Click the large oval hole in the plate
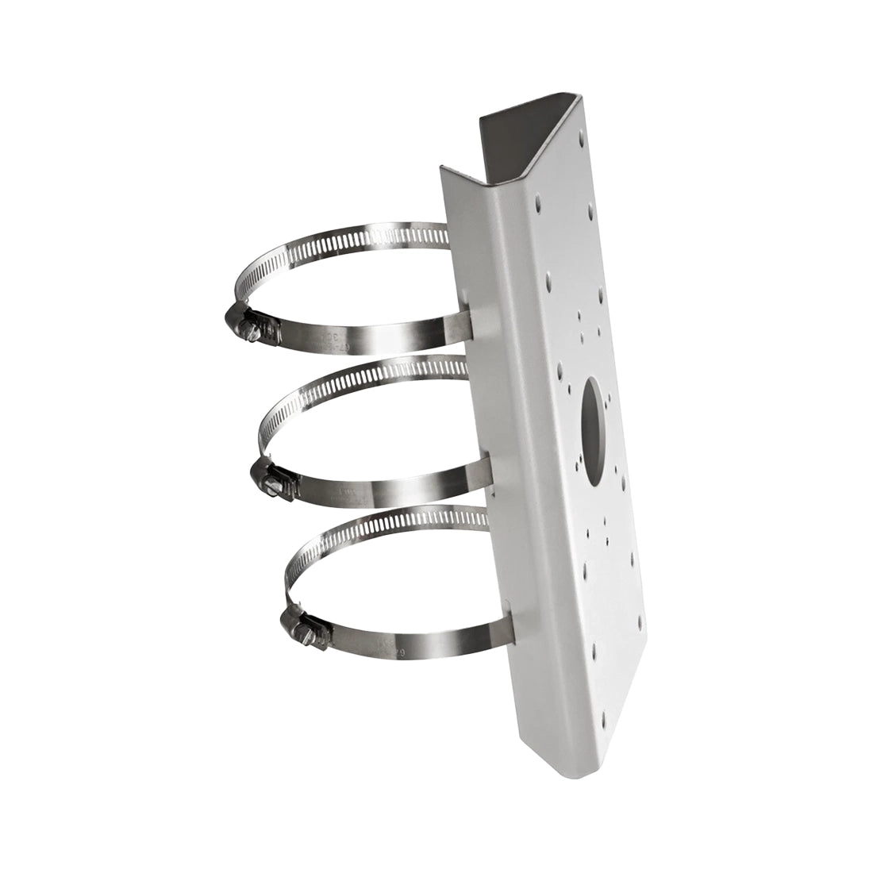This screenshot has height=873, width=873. tap(594, 426)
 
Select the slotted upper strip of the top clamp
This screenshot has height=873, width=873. tap(341, 239)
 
